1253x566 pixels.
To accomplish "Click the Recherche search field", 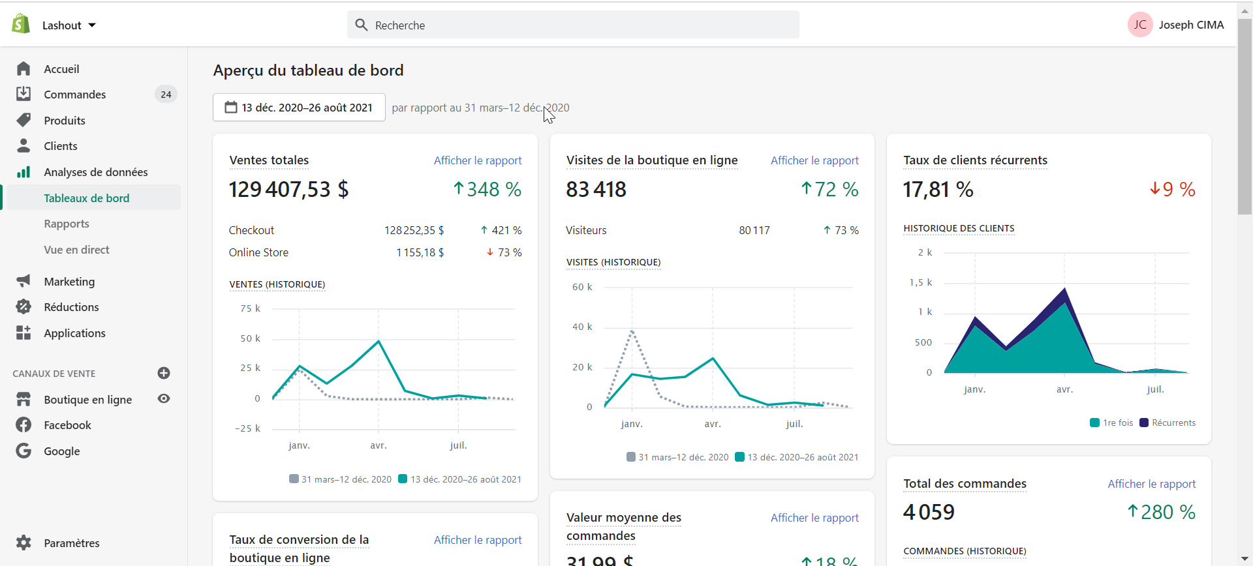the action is [x=573, y=25].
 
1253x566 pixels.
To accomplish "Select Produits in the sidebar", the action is [x=65, y=121].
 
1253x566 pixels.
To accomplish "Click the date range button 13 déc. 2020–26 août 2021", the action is [x=299, y=108].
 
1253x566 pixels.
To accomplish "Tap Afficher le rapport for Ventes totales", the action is [x=478, y=160].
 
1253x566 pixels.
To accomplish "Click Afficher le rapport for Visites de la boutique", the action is [x=814, y=160].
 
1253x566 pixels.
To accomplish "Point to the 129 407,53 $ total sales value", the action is [x=288, y=189].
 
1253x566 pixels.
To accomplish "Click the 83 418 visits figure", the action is [x=596, y=189].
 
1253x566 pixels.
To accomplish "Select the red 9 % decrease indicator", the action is [x=1173, y=189].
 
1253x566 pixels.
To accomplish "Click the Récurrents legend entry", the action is [x=1168, y=423].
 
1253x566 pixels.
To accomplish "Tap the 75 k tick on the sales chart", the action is [x=250, y=308].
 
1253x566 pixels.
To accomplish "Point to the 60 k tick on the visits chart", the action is [x=582, y=287].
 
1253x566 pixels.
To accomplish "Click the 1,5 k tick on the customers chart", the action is [x=921, y=282].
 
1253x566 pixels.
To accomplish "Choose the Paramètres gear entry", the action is [x=57, y=543].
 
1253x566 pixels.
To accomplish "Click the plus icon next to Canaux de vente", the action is [x=164, y=373].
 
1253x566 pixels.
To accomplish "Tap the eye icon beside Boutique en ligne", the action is [x=164, y=398].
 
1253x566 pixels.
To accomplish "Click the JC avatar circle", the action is [x=1140, y=25].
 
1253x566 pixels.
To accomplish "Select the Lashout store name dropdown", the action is [x=69, y=25].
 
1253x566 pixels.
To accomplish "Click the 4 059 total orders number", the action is [x=929, y=513].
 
